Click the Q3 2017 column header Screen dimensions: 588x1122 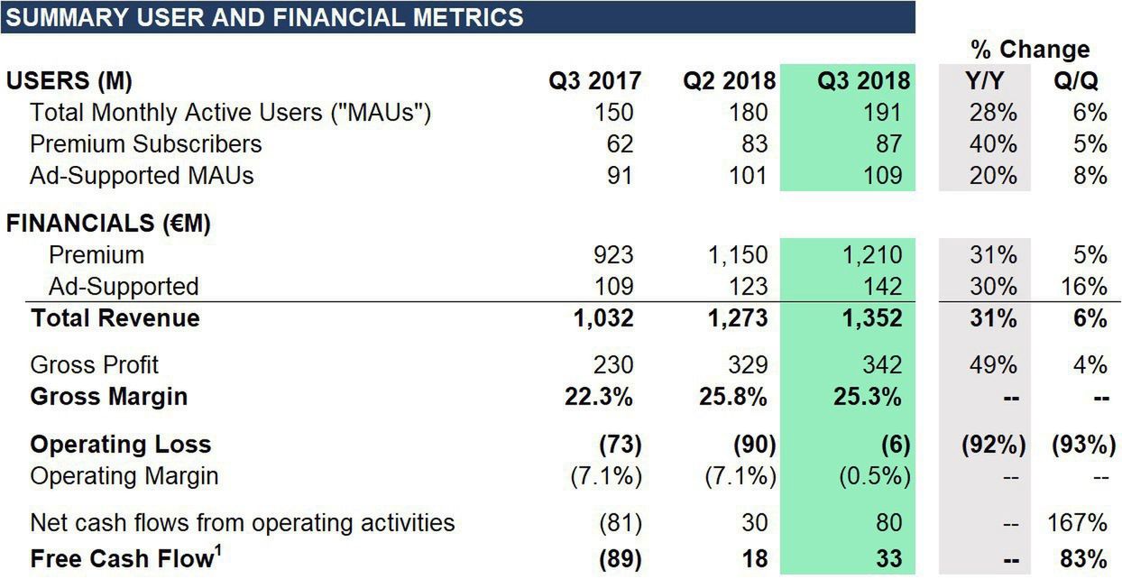coord(594,81)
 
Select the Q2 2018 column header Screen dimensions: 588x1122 coord(729,81)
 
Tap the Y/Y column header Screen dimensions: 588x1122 coord(984,81)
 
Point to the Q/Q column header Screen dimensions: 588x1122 coord(1075,81)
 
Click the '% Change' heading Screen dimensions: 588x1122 coord(1030,49)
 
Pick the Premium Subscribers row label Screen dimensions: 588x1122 coord(145,144)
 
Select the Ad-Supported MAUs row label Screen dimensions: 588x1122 coord(142,175)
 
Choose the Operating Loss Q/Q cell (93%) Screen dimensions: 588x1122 coord(1078,445)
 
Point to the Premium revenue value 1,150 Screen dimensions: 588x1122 coord(737,255)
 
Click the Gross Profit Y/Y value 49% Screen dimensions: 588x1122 coord(993,365)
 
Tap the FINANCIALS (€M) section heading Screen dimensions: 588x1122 coord(108,224)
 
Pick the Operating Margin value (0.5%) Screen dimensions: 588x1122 coord(874,475)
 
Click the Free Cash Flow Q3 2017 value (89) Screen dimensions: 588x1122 coord(620,559)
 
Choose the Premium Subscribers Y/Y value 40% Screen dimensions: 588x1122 coord(993,144)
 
